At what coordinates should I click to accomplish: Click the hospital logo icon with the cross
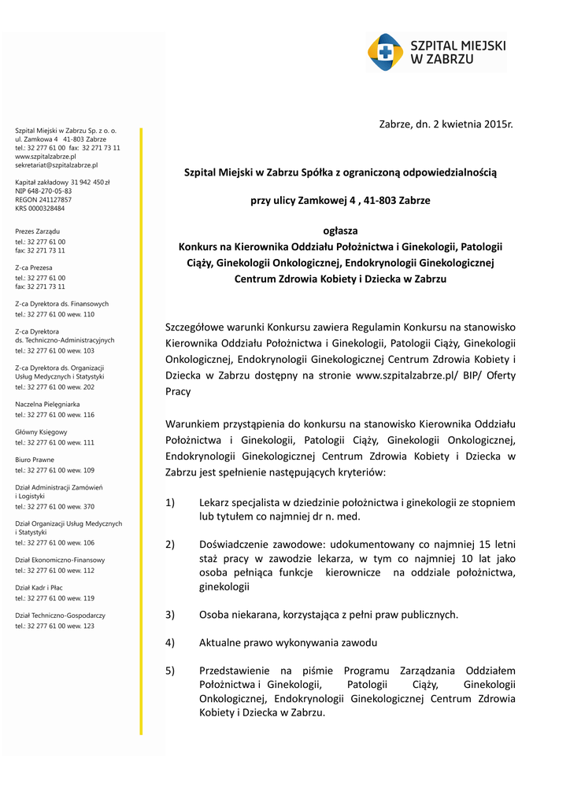click(x=385, y=53)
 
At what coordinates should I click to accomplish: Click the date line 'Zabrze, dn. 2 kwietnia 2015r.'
click(x=446, y=124)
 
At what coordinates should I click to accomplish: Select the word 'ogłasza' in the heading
click(x=340, y=231)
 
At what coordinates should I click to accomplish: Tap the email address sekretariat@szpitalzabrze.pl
click(x=57, y=165)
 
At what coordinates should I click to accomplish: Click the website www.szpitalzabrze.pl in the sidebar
click(x=45, y=157)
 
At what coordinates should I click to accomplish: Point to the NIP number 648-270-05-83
click(x=43, y=190)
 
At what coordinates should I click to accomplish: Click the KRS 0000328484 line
click(x=40, y=209)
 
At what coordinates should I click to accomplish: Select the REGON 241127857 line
click(x=43, y=200)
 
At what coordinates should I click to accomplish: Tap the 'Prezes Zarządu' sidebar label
click(x=38, y=231)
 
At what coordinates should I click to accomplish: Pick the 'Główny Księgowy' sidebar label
click(x=42, y=432)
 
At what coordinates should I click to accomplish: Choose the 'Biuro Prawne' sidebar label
click(x=35, y=460)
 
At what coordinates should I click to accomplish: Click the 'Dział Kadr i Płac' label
click(x=39, y=587)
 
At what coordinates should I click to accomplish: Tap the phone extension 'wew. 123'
click(x=82, y=626)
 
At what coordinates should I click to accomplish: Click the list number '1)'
click(x=170, y=502)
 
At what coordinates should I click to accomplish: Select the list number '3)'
click(x=170, y=615)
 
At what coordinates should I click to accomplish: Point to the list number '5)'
click(x=170, y=671)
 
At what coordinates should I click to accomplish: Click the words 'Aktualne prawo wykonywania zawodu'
click(x=288, y=642)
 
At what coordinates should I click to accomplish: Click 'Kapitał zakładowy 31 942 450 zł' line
click(x=62, y=182)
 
